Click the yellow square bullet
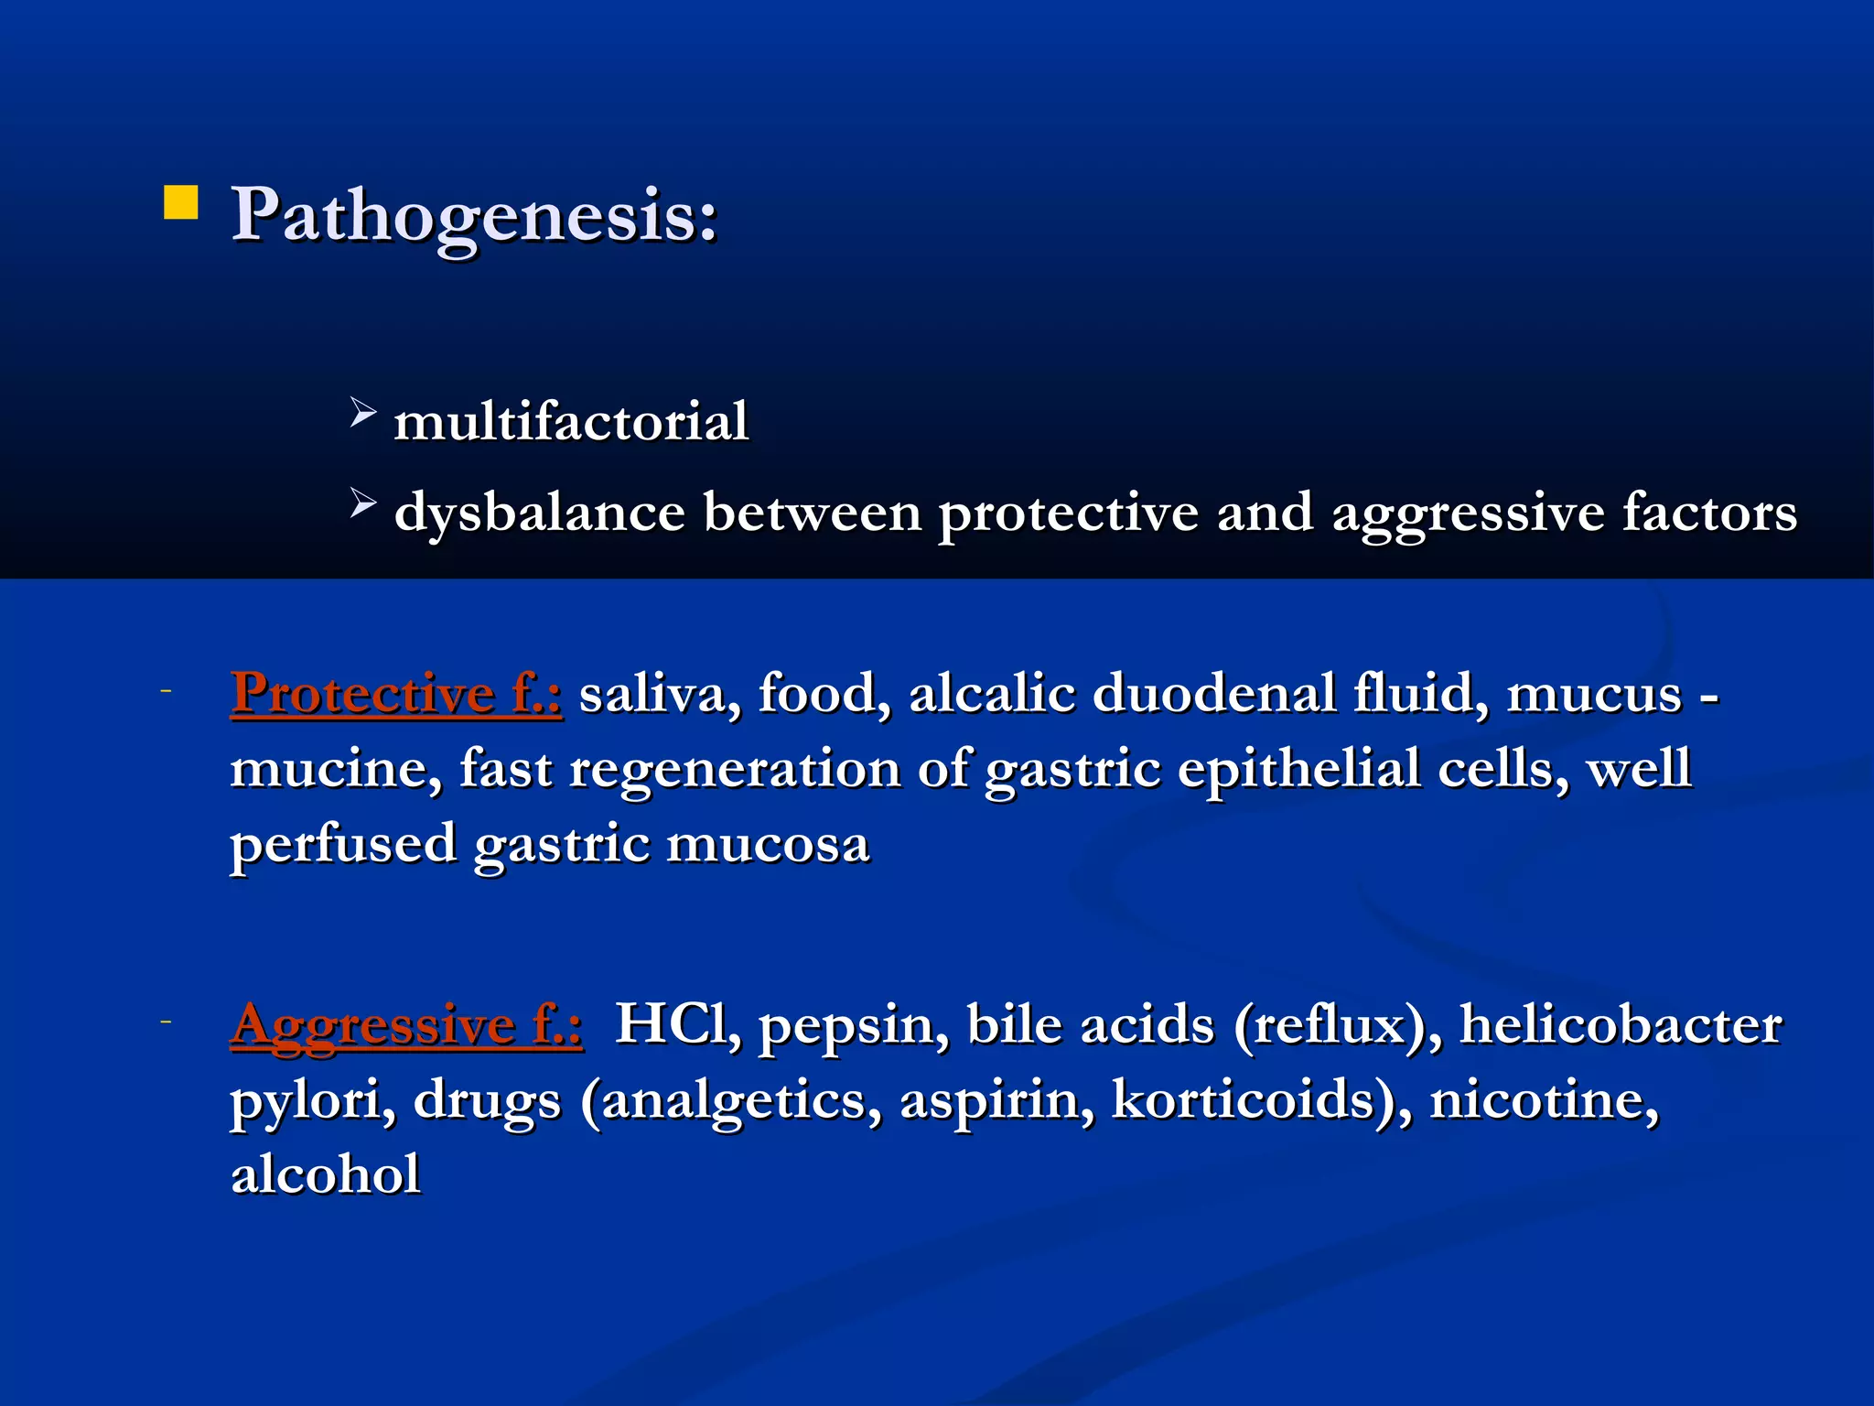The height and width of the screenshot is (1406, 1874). (x=180, y=203)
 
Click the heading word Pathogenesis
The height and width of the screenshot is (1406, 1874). (x=473, y=216)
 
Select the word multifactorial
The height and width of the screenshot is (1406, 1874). (x=571, y=422)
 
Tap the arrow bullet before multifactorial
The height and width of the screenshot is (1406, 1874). (x=362, y=413)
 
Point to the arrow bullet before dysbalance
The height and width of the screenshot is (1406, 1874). (x=362, y=503)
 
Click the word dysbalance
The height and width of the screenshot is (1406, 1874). (x=539, y=513)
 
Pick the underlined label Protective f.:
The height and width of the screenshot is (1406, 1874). (x=396, y=693)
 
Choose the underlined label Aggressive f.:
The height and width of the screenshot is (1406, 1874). (x=406, y=1024)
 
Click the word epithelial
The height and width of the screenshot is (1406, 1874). (x=1298, y=768)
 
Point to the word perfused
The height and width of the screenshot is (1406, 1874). (x=343, y=845)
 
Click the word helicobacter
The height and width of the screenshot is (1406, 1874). (x=1621, y=1024)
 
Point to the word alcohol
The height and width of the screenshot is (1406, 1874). (x=326, y=1174)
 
